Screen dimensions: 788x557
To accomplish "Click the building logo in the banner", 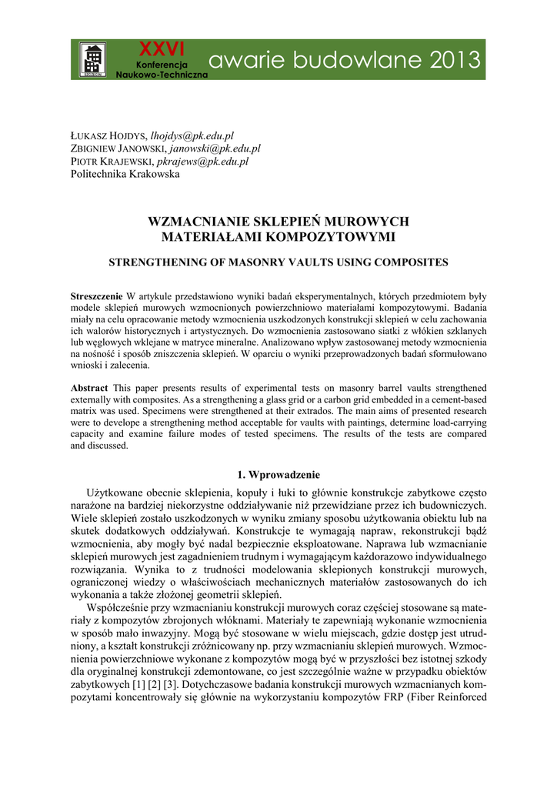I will [93, 60].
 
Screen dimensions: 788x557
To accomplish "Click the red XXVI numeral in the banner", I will [157, 49].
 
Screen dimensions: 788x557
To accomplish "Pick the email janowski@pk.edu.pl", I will [215, 149].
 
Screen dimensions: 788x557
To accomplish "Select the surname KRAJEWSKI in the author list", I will [127, 162].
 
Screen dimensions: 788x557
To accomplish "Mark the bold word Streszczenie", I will [97, 296].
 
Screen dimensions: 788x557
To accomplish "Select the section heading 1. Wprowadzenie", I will [278, 474].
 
